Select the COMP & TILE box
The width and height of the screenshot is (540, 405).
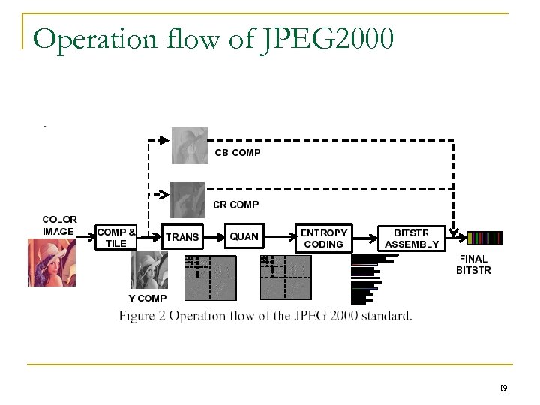click(116, 237)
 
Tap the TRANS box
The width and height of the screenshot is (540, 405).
click(182, 237)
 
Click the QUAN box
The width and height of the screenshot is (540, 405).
click(244, 237)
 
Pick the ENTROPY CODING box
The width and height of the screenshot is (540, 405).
click(324, 238)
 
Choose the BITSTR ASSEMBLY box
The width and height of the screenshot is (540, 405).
click(412, 238)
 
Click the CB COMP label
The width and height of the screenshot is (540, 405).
click(238, 153)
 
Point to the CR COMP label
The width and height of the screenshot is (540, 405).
click(236, 205)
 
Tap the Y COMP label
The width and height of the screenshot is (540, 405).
click(148, 298)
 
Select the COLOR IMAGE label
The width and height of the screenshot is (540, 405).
click(59, 226)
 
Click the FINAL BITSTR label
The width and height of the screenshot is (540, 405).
click(473, 265)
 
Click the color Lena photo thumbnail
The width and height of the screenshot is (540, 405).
click(52, 262)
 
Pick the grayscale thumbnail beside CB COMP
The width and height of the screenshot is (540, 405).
click(190, 145)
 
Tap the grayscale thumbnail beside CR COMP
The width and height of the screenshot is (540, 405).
click(187, 199)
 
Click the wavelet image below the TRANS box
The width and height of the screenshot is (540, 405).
click(210, 277)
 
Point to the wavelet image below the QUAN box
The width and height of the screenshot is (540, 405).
click(285, 277)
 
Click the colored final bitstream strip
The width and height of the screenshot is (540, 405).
click(484, 238)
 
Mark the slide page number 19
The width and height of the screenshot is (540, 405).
click(503, 388)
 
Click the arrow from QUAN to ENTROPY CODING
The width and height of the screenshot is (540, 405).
click(278, 238)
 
